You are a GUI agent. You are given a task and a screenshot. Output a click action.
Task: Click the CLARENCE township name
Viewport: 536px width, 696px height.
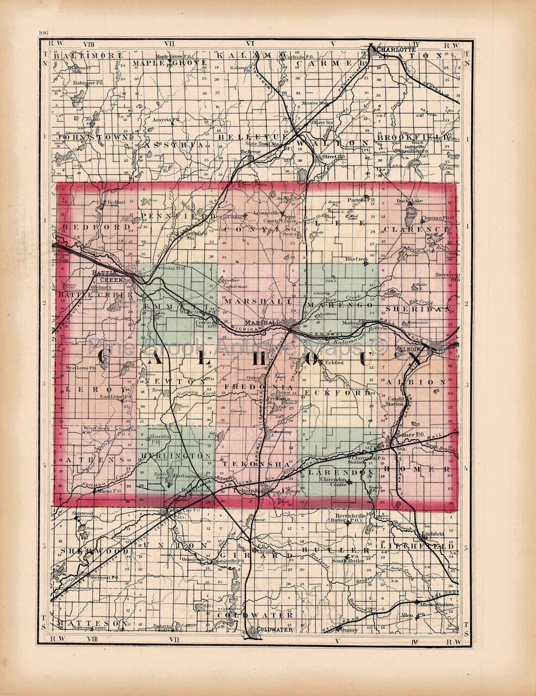point(417,229)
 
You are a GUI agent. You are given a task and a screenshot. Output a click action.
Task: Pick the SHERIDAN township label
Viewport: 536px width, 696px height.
point(417,308)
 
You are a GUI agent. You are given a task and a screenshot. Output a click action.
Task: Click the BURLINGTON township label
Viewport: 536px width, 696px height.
point(174,455)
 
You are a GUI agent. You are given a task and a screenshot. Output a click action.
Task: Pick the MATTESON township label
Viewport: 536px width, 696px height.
point(92,622)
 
